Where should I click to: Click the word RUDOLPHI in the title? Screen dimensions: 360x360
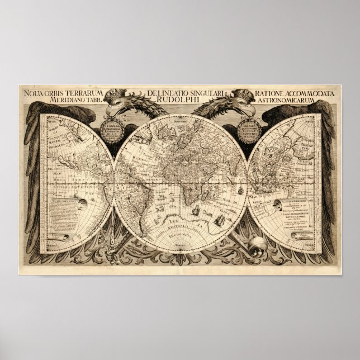[x=180, y=101]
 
